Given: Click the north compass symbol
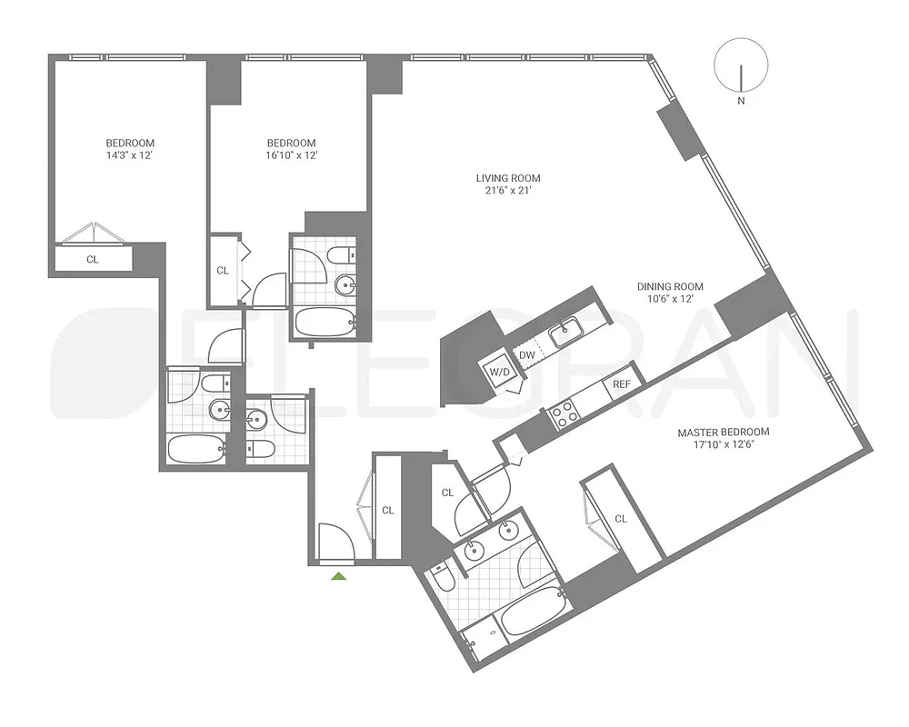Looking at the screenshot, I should click(741, 65).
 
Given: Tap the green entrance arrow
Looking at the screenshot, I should click(339, 575).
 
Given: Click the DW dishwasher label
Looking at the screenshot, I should click(526, 355).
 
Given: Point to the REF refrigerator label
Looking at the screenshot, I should click(622, 384).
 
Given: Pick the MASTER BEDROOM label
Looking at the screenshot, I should click(724, 432).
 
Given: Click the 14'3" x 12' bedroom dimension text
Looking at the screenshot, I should click(130, 155).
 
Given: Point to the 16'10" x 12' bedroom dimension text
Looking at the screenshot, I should click(291, 155).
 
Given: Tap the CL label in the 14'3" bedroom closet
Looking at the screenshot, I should click(93, 259).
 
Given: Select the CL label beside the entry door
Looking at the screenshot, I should click(388, 511).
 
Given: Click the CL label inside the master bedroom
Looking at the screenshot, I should click(621, 519).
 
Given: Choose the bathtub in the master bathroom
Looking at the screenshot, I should click(533, 613).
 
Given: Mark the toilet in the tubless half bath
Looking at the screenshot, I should click(264, 448).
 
